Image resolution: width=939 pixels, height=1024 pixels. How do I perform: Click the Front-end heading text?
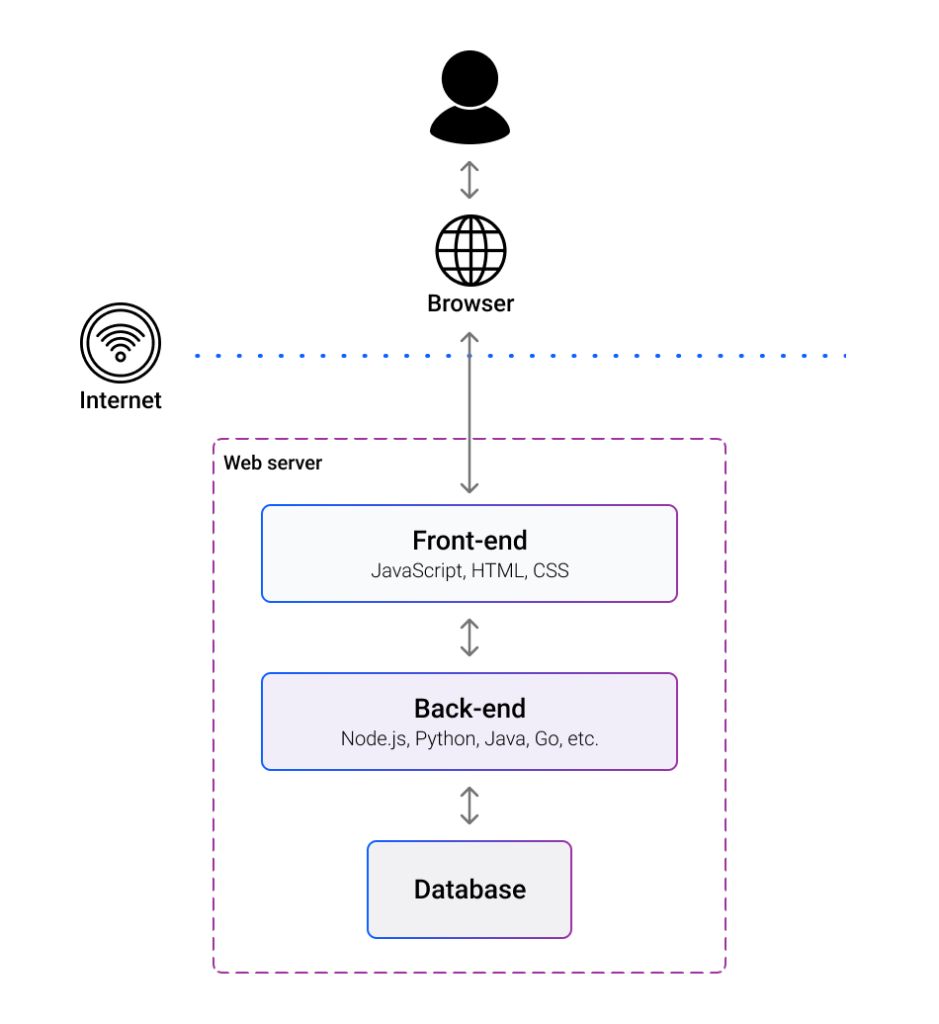coord(469,541)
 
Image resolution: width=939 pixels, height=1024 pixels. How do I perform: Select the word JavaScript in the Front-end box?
coord(416,571)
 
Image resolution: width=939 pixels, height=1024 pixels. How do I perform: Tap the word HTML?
coord(498,571)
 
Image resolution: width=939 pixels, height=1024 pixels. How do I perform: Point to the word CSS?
coord(551,571)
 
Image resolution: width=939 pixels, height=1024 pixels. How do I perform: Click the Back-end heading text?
coord(469,709)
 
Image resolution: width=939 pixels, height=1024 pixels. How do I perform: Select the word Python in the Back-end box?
coord(446,739)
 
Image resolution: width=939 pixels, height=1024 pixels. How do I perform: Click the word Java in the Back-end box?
coord(503,739)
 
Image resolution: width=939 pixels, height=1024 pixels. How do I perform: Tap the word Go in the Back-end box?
coord(546,739)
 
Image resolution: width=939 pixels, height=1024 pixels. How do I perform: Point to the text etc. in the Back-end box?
coord(581,739)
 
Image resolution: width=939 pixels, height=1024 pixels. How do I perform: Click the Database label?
coord(469,890)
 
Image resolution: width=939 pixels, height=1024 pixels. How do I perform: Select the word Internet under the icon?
coord(121,400)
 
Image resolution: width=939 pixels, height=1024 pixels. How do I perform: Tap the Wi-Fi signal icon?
coord(121,343)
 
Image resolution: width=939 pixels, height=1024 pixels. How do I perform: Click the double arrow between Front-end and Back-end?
coord(469,638)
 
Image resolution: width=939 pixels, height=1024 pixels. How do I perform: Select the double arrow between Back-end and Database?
coord(469,806)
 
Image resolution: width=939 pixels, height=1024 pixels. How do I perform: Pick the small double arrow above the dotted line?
coord(469,181)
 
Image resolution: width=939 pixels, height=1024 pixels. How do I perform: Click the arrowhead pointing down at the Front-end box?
coord(469,488)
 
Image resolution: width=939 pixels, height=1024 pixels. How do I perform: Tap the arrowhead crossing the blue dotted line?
coord(469,338)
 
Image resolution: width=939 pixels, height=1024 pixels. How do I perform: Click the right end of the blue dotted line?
coord(844,355)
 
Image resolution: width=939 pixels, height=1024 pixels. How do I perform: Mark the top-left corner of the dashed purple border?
coord(215,441)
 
